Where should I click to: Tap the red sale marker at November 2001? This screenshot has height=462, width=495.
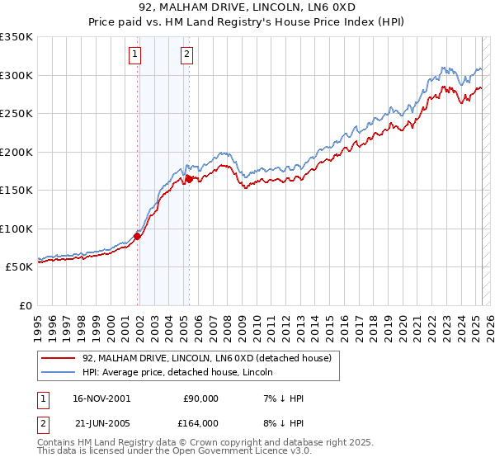(x=137, y=237)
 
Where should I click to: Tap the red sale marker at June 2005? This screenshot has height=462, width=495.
(x=189, y=178)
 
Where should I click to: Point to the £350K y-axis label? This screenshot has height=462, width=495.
(x=16, y=37)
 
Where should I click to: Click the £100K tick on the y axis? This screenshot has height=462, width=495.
(x=16, y=229)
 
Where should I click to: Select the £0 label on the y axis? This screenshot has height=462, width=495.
(x=26, y=305)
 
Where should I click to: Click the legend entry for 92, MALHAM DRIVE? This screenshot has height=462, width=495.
(x=206, y=358)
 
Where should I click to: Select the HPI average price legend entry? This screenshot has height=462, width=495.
(x=182, y=372)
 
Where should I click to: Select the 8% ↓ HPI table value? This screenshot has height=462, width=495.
(x=281, y=422)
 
